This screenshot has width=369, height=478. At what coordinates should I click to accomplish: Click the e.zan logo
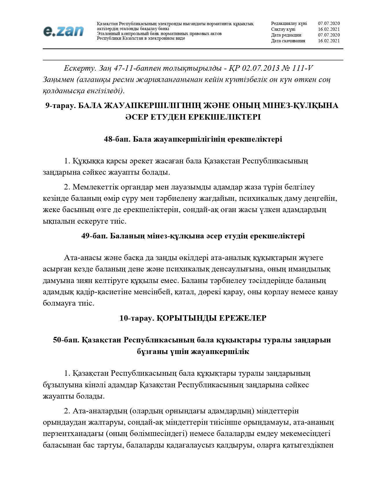tap(63, 31)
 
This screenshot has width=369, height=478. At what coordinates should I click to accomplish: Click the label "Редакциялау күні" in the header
tap(289, 23)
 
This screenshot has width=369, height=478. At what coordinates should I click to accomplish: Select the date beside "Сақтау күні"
tap(329, 29)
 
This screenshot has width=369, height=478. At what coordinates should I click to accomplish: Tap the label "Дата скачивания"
tap(288, 41)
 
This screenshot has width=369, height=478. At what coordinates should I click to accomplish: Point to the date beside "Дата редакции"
tap(329, 35)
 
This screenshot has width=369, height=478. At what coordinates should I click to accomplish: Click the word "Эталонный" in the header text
tap(108, 34)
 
